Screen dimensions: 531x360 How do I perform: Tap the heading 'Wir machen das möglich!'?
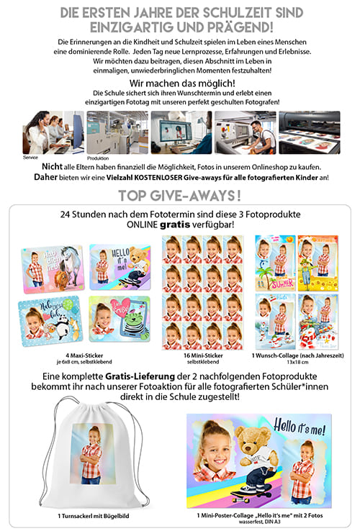179,83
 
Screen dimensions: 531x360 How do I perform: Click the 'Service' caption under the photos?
30,157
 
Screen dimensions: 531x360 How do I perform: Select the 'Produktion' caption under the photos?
98,158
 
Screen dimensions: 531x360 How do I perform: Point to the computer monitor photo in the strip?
181,132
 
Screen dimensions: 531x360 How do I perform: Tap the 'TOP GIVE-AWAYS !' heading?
179,196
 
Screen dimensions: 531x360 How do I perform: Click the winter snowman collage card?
318,321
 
